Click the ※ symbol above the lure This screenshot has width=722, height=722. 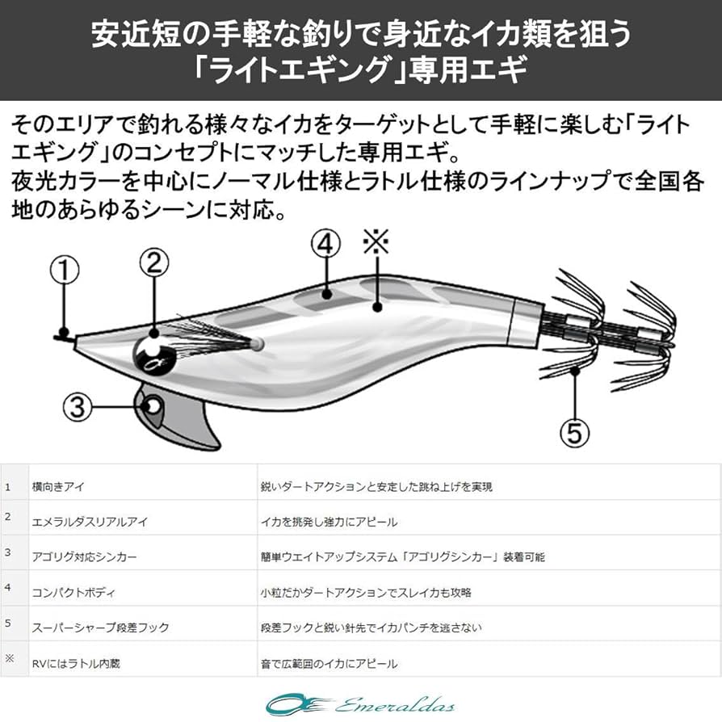tap(376, 241)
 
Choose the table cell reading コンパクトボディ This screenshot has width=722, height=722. tap(73, 593)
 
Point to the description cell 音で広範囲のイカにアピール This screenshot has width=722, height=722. tap(329, 663)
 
